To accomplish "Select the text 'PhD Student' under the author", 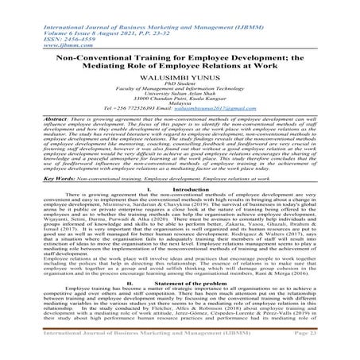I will click(x=180, y=85).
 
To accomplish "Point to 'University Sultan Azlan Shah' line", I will click(x=180, y=98).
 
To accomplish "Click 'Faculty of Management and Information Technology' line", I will click(x=180, y=91).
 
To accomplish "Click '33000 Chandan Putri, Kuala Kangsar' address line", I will click(x=180, y=105).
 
